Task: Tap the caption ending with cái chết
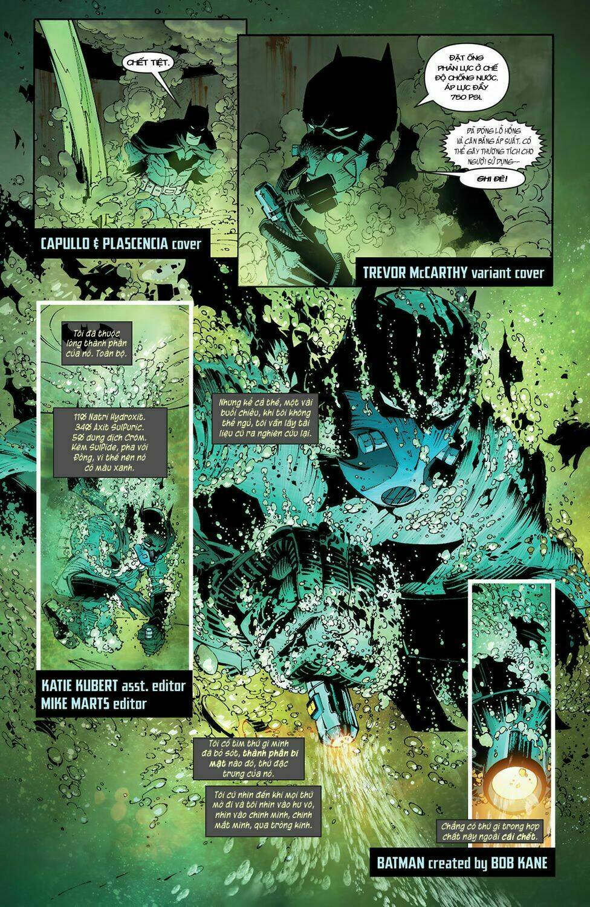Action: [492, 831]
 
